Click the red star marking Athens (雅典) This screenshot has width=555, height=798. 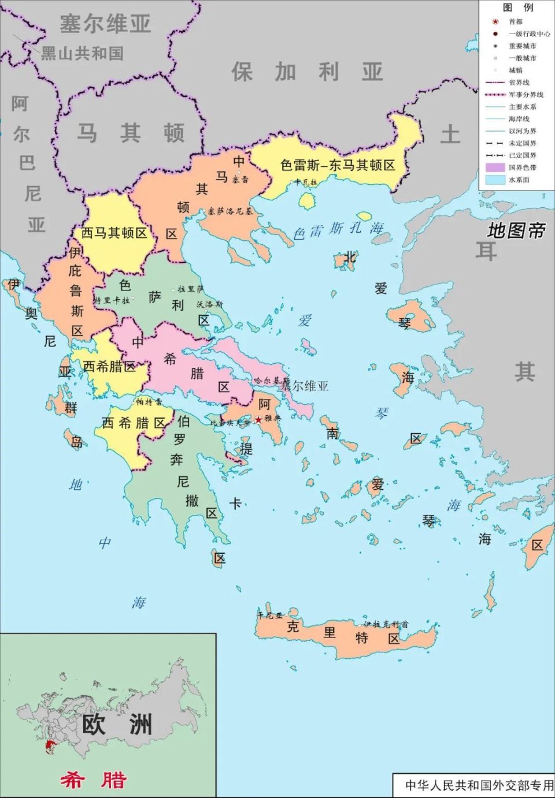258,419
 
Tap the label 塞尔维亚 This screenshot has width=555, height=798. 105,24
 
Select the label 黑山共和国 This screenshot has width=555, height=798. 82,54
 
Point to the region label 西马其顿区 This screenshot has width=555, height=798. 114,233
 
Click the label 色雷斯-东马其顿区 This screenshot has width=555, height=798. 338,165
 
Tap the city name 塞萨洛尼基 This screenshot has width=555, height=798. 231,211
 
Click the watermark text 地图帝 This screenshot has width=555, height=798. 516,230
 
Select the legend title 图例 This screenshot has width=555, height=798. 517,8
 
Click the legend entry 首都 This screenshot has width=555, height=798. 515,21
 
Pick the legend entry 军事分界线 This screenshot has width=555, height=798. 526,94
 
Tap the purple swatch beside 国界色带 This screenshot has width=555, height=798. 494,167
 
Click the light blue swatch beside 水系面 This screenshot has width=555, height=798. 494,180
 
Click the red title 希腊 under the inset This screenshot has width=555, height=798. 94,780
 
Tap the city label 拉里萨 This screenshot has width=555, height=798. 190,289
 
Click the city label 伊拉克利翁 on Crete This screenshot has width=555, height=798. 386,624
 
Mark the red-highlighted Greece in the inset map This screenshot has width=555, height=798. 53,747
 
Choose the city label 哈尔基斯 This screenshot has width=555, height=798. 271,381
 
